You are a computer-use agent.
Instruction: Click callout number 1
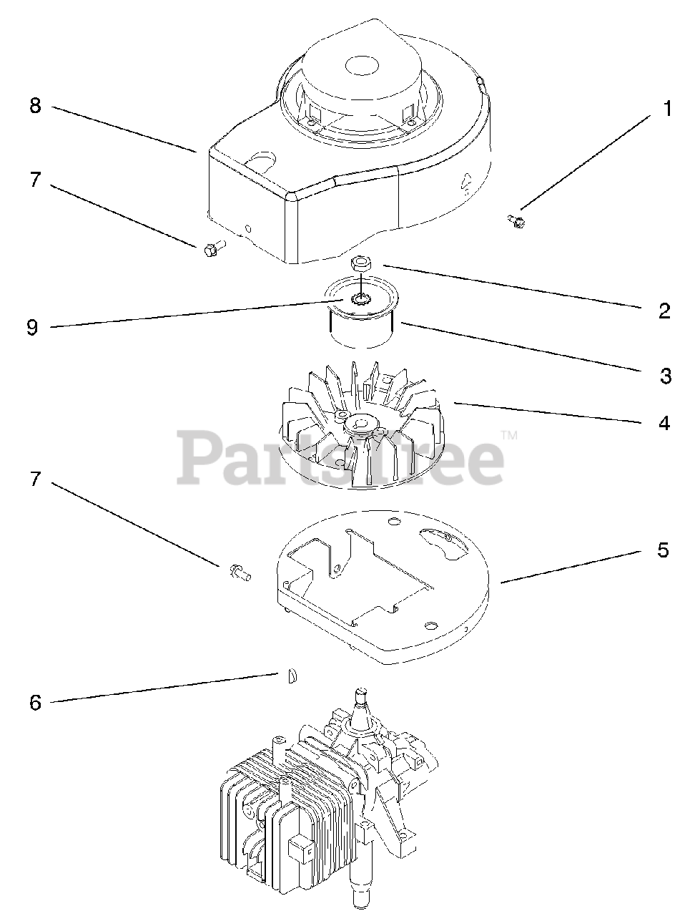[x=666, y=109]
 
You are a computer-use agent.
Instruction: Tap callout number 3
[x=666, y=375]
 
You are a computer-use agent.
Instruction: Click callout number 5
[x=663, y=550]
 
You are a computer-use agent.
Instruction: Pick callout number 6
[x=35, y=703]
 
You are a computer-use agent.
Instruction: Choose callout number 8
[x=35, y=106]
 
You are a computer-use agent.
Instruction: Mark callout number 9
[x=32, y=328]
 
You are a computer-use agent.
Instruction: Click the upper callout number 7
[x=35, y=179]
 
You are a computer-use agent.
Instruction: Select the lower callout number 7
[x=35, y=479]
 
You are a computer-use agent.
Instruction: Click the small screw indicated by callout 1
[x=516, y=221]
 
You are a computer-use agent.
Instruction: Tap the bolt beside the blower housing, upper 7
[x=212, y=249]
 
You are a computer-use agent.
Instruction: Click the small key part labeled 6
[x=291, y=676]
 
